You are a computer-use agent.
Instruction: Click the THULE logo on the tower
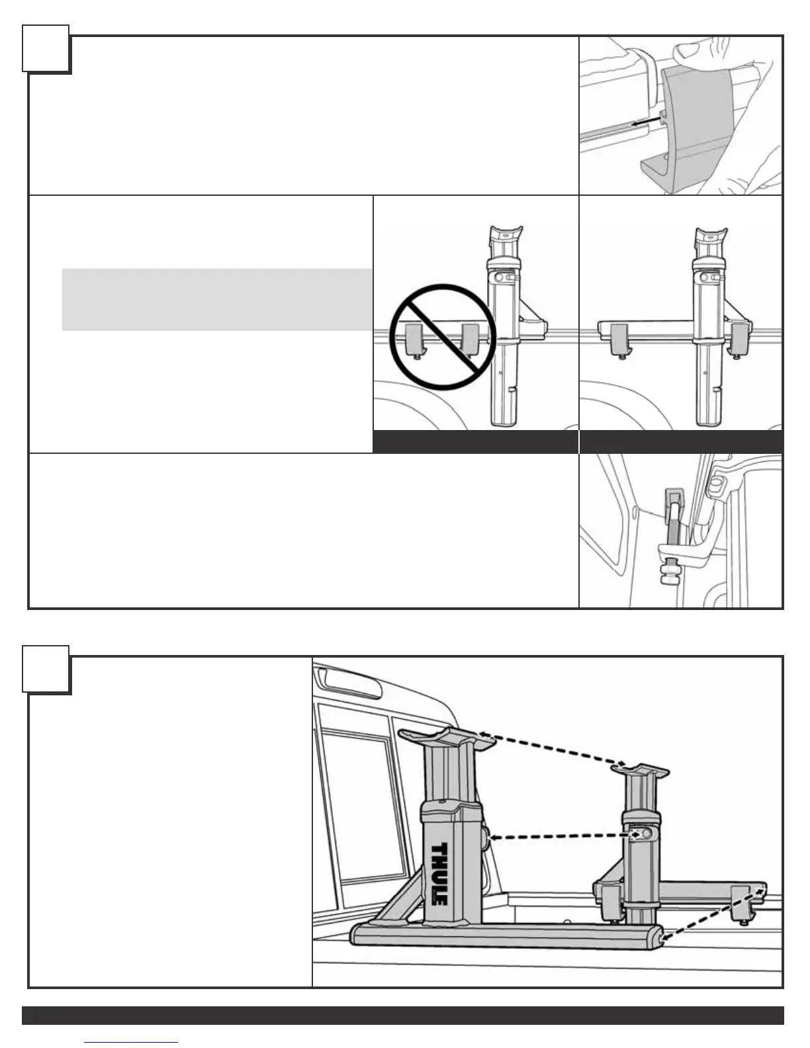(x=439, y=873)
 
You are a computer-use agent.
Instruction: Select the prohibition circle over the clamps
(x=441, y=337)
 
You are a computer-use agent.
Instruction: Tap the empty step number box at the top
(x=46, y=48)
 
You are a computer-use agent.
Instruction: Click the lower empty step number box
(x=46, y=669)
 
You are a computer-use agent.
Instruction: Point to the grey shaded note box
(x=217, y=299)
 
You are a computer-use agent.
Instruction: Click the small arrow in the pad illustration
(x=646, y=121)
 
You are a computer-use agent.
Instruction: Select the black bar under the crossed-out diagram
(x=476, y=442)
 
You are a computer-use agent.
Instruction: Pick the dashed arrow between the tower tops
(x=553, y=748)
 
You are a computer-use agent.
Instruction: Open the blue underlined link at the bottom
(x=131, y=1041)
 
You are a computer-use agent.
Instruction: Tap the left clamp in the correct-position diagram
(x=619, y=339)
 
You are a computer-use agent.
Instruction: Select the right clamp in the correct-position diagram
(x=740, y=339)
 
